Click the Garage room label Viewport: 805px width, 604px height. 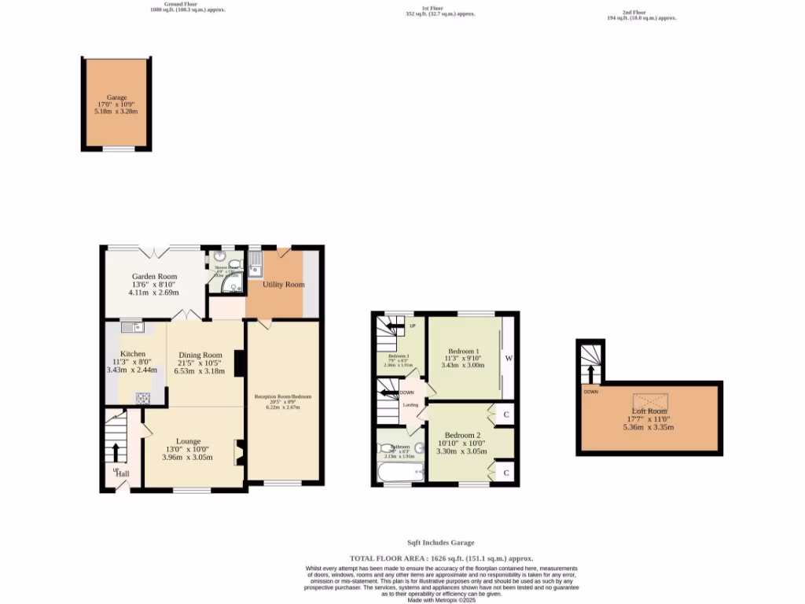coord(116,98)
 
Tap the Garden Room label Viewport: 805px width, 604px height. coord(153,277)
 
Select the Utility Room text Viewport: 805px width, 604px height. coord(284,285)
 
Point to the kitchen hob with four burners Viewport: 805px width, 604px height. coord(144,399)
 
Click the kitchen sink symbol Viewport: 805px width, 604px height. coord(131,326)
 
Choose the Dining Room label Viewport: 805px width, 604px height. coord(201,355)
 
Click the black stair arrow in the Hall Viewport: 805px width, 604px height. coord(116,452)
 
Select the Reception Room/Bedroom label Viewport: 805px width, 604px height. coord(283,396)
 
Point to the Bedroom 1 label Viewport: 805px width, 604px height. coord(464,351)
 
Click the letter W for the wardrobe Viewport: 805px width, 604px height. coord(509,359)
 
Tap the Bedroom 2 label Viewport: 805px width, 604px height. coord(462,436)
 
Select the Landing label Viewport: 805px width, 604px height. coord(410,405)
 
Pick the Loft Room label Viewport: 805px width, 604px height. coord(649,411)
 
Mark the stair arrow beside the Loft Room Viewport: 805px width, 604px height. coord(590,372)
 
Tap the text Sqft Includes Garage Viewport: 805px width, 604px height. coord(440,543)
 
